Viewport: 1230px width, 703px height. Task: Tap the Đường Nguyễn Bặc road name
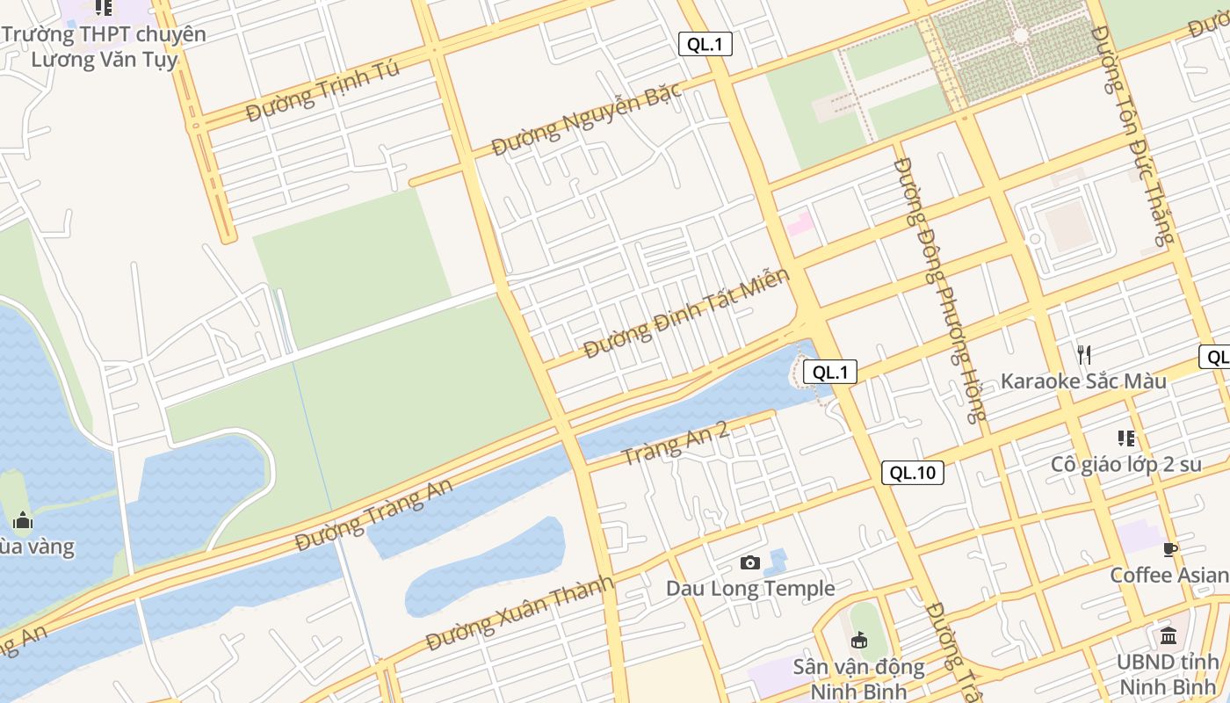tap(586, 121)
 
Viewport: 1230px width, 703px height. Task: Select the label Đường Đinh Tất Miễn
tap(686, 314)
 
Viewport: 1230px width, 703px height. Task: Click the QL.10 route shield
tap(913, 473)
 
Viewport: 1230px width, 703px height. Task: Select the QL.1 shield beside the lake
tap(829, 372)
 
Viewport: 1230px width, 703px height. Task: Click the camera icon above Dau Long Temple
tap(749, 562)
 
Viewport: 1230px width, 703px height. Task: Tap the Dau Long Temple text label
tap(750, 588)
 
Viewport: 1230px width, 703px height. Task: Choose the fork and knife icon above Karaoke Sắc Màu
tap(1084, 355)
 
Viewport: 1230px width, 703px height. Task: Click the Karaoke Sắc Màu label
tap(1083, 381)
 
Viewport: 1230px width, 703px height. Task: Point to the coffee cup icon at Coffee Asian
tap(1169, 550)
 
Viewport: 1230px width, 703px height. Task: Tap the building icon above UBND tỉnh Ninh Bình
tap(1168, 635)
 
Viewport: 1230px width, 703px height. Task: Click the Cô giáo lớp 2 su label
tap(1125, 464)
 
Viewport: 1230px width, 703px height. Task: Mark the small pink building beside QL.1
tap(799, 224)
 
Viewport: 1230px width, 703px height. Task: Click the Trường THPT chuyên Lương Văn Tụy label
tap(104, 47)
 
